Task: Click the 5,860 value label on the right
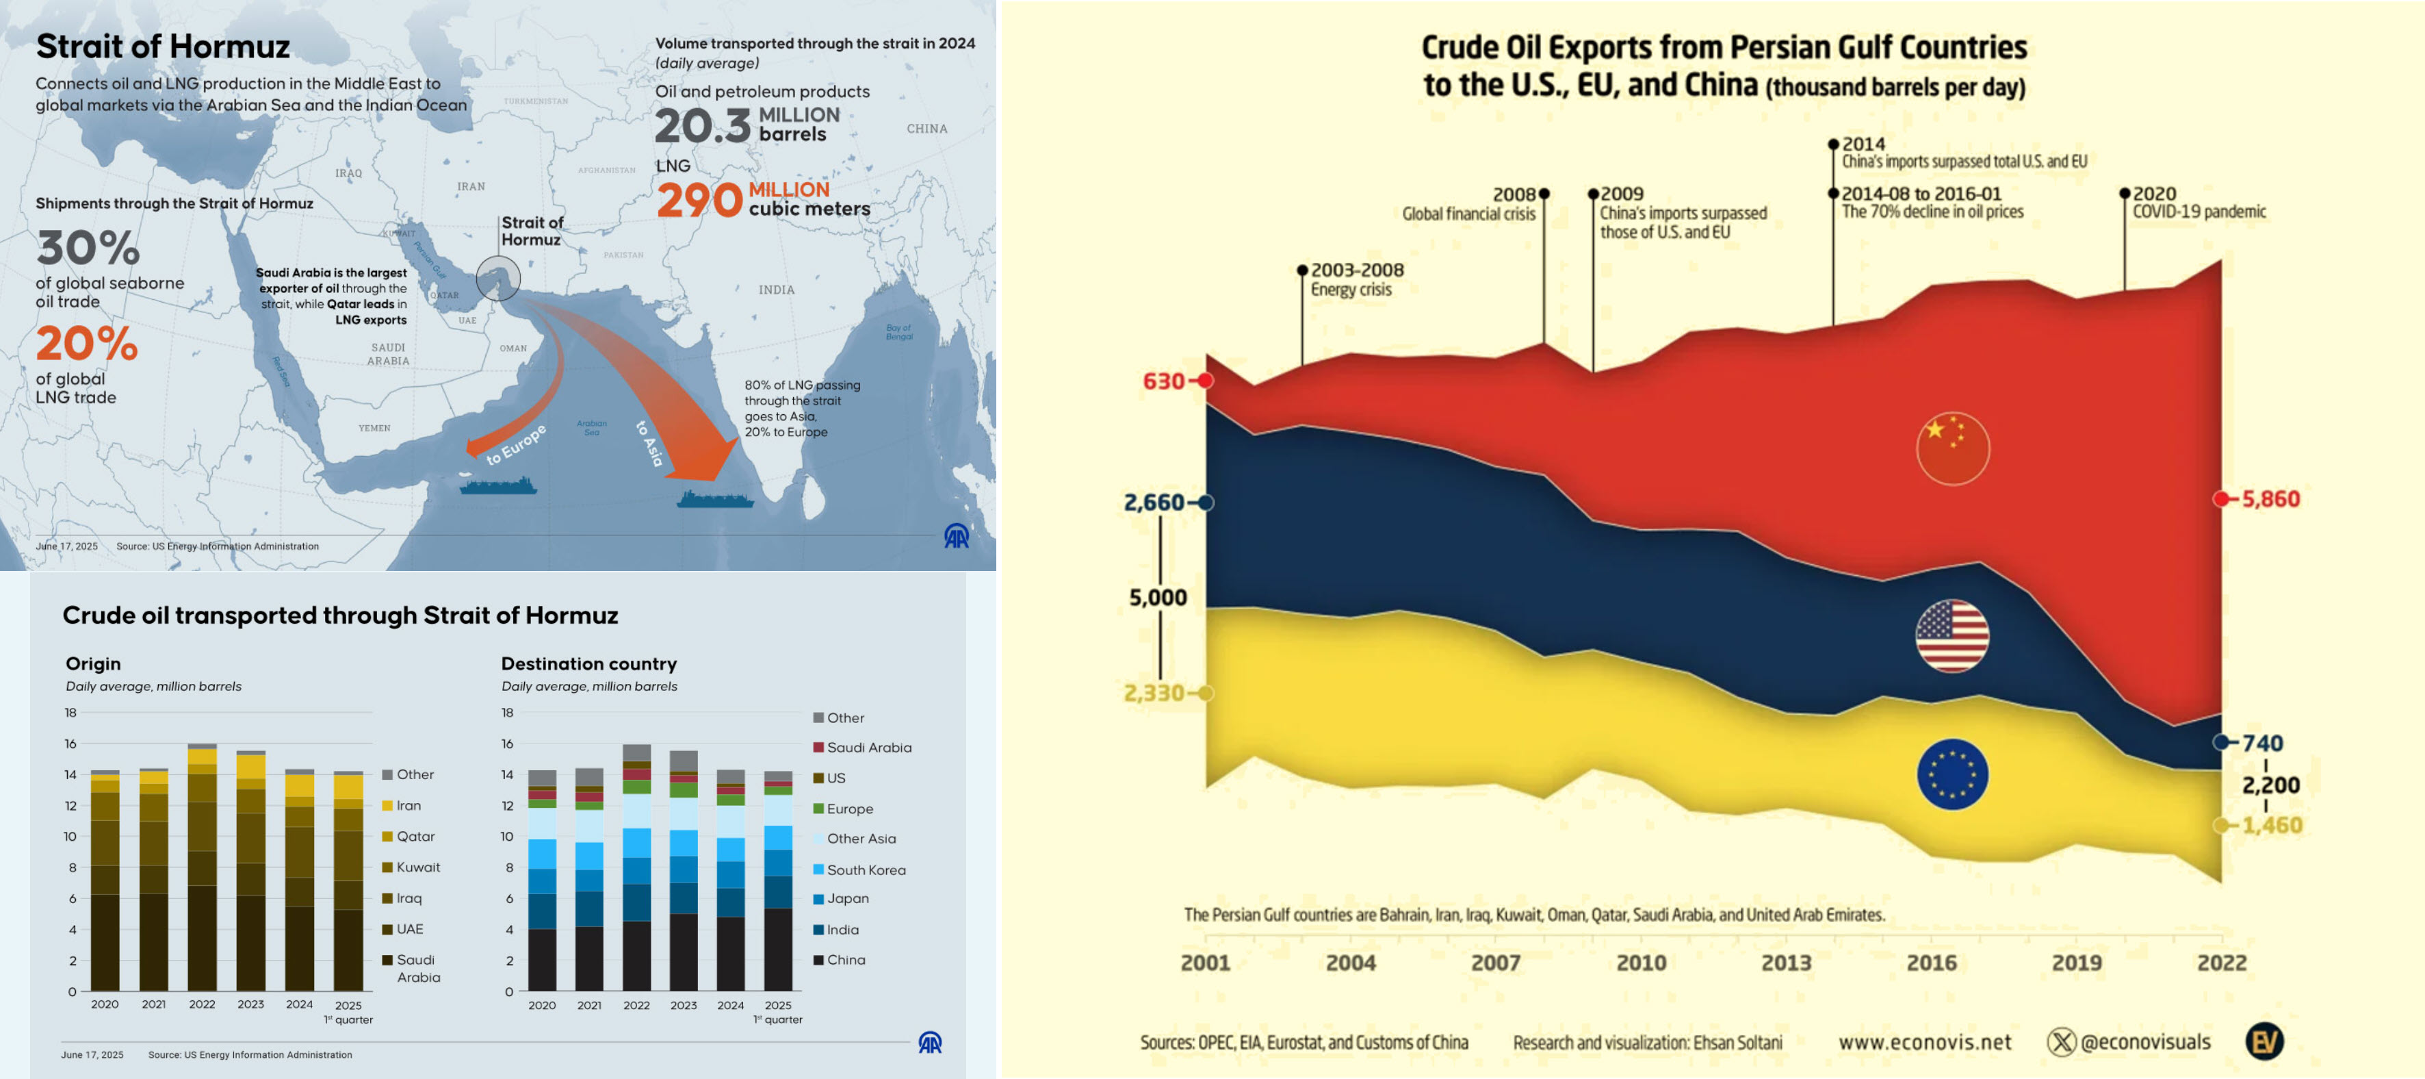(2270, 499)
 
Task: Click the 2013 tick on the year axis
(1786, 962)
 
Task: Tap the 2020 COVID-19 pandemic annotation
(2197, 203)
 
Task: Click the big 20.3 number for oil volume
(702, 126)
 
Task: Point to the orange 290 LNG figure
(699, 200)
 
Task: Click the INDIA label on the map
(777, 290)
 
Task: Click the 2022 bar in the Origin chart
(203, 866)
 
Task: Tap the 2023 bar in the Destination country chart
(684, 870)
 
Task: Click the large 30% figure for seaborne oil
(88, 249)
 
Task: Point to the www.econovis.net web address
(1924, 1042)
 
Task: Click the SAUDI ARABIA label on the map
(388, 354)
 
